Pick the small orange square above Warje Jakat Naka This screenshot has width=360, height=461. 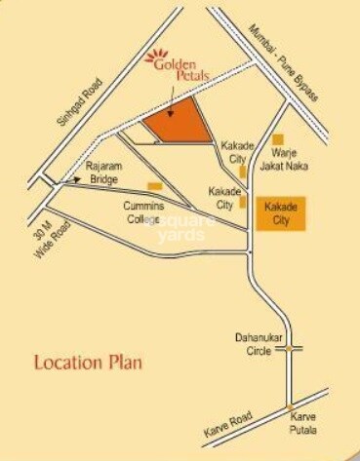pyautogui.click(x=278, y=139)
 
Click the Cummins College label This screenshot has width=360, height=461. pyautogui.click(x=146, y=212)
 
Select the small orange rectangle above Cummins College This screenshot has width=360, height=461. pyautogui.click(x=154, y=186)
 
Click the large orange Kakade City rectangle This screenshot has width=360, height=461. pyautogui.click(x=281, y=212)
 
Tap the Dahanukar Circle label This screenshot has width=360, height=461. pyautogui.click(x=259, y=344)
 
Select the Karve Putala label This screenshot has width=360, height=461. pyautogui.click(x=301, y=423)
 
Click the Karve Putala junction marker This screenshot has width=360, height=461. pyautogui.click(x=290, y=407)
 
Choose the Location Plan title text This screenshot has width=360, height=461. pyautogui.click(x=89, y=364)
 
